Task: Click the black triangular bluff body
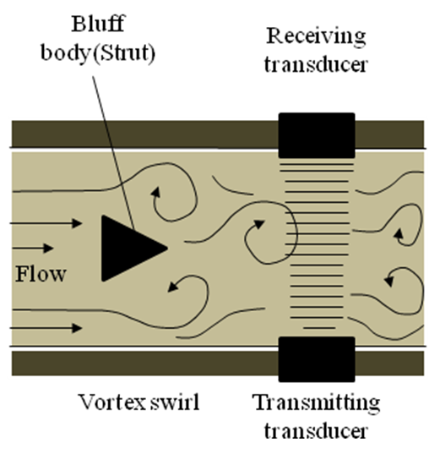[128, 249]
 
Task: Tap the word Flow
[41, 274]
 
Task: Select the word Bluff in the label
[98, 24]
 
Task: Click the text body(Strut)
[98, 53]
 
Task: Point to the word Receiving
[316, 36]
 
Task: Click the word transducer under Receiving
[316, 64]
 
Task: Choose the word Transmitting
[316, 403]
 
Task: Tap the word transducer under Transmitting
[316, 431]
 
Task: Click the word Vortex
[112, 402]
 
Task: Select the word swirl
[175, 402]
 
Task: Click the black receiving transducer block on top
[317, 135]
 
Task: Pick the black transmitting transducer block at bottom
[317, 359]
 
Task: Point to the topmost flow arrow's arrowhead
[77, 223]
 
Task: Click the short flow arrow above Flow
[31, 249]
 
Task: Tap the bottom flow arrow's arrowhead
[77, 328]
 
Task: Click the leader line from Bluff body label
[113, 152]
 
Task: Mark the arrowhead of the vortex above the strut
[156, 192]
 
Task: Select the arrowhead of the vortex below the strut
[173, 287]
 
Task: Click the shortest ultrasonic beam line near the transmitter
[319, 328]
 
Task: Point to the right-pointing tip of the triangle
[168, 248]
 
